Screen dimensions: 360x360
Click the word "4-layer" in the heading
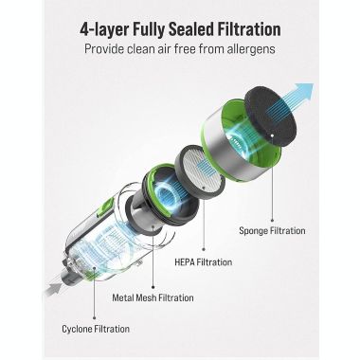coord(104,29)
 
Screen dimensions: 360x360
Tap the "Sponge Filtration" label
coord(272,230)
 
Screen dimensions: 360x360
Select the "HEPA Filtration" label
coord(204,262)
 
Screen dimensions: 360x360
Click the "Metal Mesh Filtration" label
coord(153,297)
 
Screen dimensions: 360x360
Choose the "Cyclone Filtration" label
coord(96,329)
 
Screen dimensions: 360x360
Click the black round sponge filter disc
coord(271,117)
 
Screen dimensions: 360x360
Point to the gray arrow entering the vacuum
coord(52,289)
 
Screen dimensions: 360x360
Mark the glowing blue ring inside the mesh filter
coord(167,191)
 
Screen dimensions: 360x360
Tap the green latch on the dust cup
coord(107,207)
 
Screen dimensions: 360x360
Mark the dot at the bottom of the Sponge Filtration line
coord(272,221)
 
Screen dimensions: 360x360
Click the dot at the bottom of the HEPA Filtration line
coord(204,249)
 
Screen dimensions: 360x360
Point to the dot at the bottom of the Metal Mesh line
coord(153,287)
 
